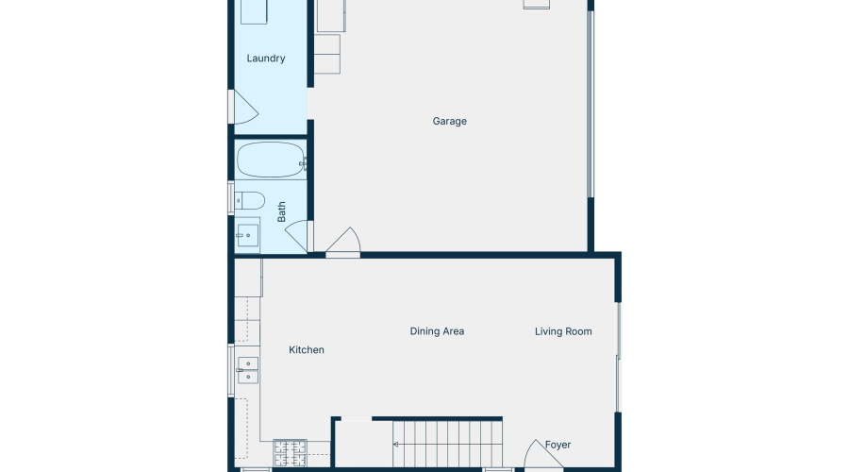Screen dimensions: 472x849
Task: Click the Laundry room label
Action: pos(266,59)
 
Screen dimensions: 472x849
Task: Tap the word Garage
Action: pos(450,121)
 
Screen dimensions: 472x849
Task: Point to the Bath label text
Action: pos(282,211)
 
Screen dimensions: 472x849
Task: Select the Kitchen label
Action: pos(307,350)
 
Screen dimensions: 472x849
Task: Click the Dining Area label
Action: pos(437,331)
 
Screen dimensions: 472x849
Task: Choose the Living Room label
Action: pos(563,331)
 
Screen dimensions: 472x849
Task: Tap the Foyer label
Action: pos(558,445)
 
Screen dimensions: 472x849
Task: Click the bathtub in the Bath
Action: pos(271,160)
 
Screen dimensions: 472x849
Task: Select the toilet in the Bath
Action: pos(250,199)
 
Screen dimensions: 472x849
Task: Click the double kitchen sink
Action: pos(248,370)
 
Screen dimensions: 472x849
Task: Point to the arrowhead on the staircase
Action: pos(396,443)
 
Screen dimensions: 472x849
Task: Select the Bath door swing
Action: pos(298,236)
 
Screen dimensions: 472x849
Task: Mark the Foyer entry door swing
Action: pos(541,454)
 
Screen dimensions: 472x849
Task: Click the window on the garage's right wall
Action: pos(591,104)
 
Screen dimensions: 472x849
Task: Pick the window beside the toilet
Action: pos(231,199)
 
